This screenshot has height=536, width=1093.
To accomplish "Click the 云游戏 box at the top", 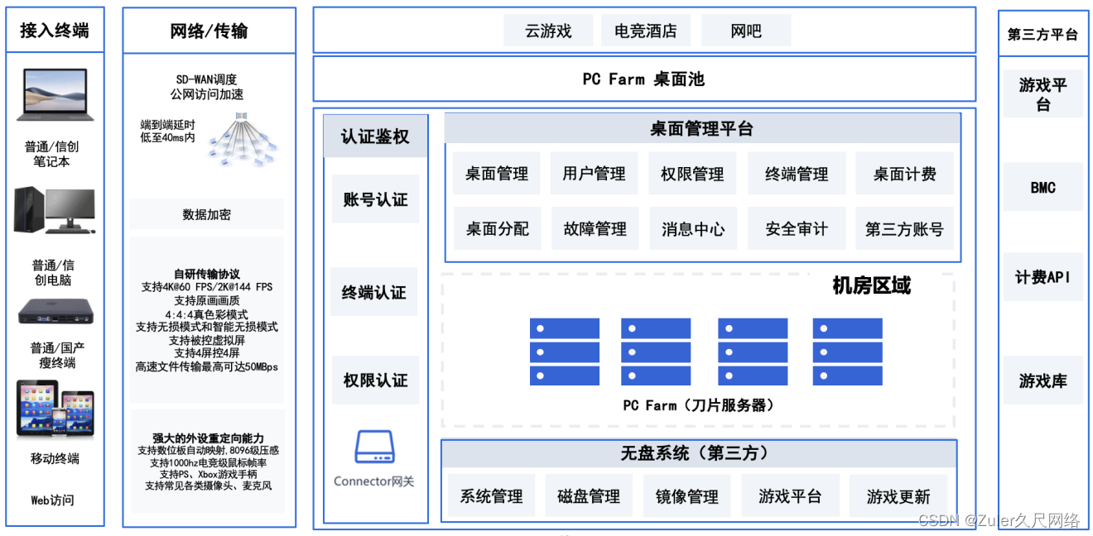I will click(x=548, y=31).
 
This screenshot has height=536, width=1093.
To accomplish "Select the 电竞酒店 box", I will click(x=645, y=31).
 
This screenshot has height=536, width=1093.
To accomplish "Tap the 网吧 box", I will click(x=745, y=31).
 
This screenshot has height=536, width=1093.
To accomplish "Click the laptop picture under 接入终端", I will click(x=55, y=94).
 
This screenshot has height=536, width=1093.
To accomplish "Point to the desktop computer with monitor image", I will click(x=55, y=210).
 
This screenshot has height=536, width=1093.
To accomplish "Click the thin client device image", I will click(x=55, y=312).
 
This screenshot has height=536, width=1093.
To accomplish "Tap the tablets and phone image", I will click(x=55, y=409).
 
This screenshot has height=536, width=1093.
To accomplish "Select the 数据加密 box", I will click(x=207, y=214).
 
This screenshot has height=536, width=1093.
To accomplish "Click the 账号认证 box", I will click(x=375, y=199).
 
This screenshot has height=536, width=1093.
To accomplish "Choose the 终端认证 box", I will click(x=374, y=292).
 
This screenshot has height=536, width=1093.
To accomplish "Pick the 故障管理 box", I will click(x=595, y=229).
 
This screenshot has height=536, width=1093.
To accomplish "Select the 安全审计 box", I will click(x=796, y=229).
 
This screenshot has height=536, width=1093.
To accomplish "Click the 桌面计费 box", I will click(x=904, y=174).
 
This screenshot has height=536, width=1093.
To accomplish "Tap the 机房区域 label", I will click(x=871, y=286).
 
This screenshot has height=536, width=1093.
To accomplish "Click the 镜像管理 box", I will click(x=686, y=496).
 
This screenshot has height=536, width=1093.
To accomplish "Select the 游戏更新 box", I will click(x=898, y=496).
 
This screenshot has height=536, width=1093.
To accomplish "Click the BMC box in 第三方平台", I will click(x=1042, y=188).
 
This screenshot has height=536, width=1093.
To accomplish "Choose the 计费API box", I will click(x=1042, y=277).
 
